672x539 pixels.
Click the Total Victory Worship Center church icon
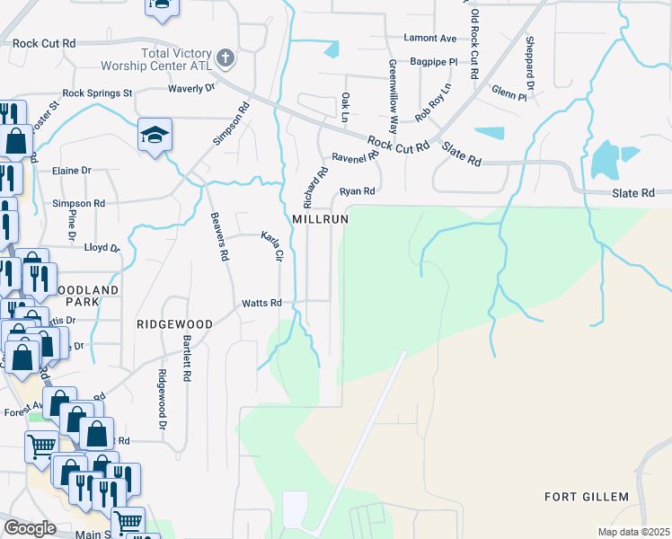pyautogui.click(x=225, y=59)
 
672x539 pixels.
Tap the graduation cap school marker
pyautogui.click(x=155, y=136)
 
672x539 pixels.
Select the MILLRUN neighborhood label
pyautogui.click(x=319, y=219)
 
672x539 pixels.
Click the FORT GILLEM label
pyautogui.click(x=587, y=497)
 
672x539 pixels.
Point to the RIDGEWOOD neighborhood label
pyautogui.click(x=174, y=323)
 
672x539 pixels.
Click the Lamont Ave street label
pyautogui.click(x=430, y=39)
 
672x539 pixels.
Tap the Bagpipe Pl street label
pyautogui.click(x=434, y=63)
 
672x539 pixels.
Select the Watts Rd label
pyautogui.click(x=261, y=304)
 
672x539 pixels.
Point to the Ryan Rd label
pyautogui.click(x=356, y=191)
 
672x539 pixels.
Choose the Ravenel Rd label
pyautogui.click(x=353, y=158)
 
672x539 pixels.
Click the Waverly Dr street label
pyautogui.click(x=192, y=88)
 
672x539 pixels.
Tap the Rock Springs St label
pyautogui.click(x=97, y=93)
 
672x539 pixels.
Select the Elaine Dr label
pyautogui.click(x=73, y=170)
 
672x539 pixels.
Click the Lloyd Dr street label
pyautogui.click(x=102, y=247)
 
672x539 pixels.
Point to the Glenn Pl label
pyautogui.click(x=508, y=92)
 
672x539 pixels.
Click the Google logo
pyautogui.click(x=30, y=528)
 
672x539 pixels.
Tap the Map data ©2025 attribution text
pyautogui.click(x=634, y=532)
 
